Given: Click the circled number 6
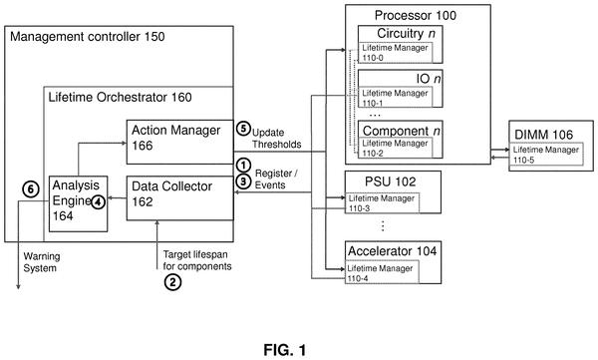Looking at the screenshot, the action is (x=31, y=188).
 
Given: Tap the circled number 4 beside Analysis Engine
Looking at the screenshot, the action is (x=98, y=201).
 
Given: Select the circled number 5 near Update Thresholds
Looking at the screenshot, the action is (x=243, y=129).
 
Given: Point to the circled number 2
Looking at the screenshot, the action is (x=172, y=282).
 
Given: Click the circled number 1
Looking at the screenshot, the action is (x=243, y=166).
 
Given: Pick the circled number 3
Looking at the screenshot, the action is (x=243, y=180).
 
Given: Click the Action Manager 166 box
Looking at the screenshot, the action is (x=180, y=142).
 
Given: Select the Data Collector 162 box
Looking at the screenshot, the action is (x=180, y=198).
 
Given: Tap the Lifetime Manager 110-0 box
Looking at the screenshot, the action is (x=395, y=52).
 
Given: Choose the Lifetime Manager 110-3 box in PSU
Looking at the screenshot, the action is (x=382, y=202).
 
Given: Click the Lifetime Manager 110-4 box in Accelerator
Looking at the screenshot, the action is (x=382, y=272).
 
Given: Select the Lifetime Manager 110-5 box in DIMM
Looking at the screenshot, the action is (x=546, y=155).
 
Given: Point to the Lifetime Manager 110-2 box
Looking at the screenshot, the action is (x=395, y=148).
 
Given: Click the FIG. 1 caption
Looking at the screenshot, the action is (x=285, y=350).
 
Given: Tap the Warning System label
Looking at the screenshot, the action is (x=42, y=262).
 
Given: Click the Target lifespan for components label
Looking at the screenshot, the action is (x=197, y=260).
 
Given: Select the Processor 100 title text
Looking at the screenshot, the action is (x=416, y=15).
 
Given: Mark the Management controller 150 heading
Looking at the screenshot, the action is (x=88, y=37).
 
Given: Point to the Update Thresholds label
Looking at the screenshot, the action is (x=276, y=139).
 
